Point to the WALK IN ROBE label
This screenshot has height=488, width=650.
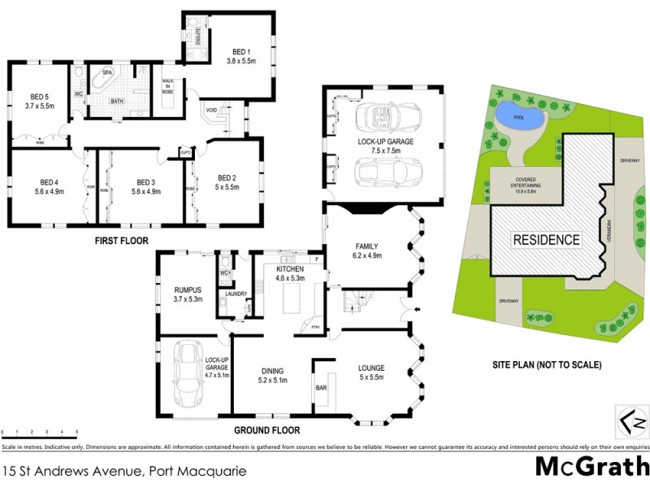click(x=169, y=86)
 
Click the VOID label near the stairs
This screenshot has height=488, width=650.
click(x=210, y=111)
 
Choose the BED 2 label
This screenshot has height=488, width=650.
click(x=226, y=181)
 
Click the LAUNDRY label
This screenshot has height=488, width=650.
click(x=236, y=294)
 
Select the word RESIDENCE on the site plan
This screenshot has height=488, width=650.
click(x=546, y=240)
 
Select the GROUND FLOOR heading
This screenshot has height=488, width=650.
click(x=267, y=430)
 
